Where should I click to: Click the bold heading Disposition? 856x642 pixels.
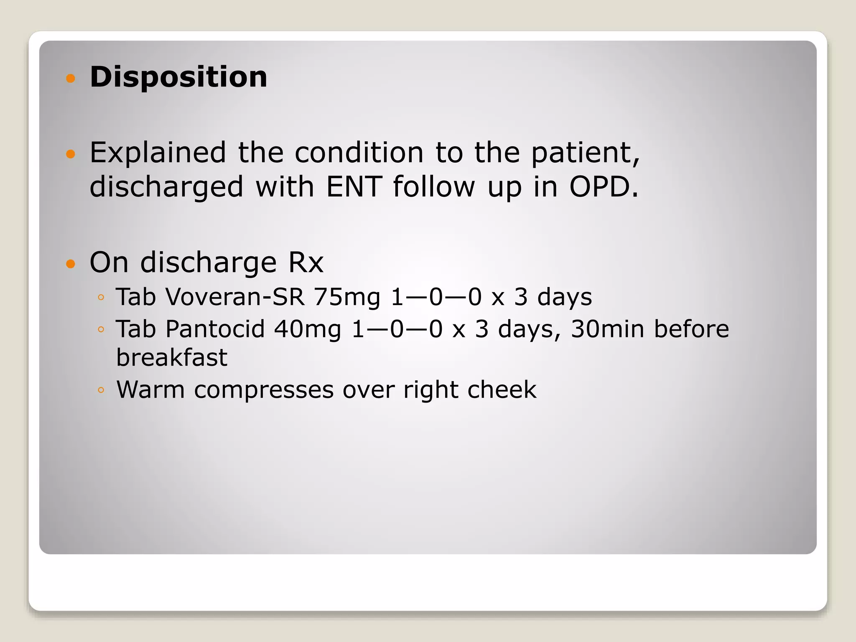pos(178,77)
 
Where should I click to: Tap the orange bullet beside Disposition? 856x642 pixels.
pos(71,78)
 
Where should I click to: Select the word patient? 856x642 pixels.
pos(585,153)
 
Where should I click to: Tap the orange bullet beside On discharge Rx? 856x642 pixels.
pos(71,264)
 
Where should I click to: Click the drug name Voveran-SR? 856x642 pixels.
pos(235,297)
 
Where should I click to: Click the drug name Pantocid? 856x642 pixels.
pos(215,329)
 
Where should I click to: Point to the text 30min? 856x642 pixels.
pos(607,329)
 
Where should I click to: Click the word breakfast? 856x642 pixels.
pos(172,358)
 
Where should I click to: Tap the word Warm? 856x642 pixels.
pos(150,390)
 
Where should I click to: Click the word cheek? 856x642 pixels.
pos(502,390)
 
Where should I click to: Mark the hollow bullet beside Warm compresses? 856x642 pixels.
pos(101,390)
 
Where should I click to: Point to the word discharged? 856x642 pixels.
pos(166,187)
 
